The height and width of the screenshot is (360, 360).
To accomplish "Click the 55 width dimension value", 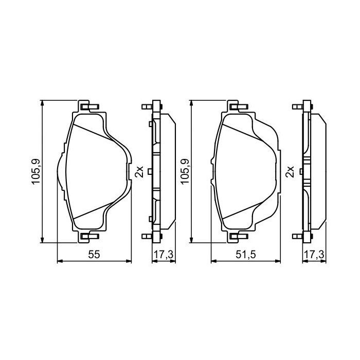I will [94, 254].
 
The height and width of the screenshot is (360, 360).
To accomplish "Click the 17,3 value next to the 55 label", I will [163, 254].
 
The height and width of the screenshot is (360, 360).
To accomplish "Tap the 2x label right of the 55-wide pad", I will [138, 171].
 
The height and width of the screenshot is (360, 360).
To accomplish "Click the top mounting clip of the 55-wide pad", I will [88, 107].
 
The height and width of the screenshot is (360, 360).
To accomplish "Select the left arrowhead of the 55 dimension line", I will [58, 261].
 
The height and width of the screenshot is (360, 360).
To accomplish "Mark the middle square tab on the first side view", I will [149, 171].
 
